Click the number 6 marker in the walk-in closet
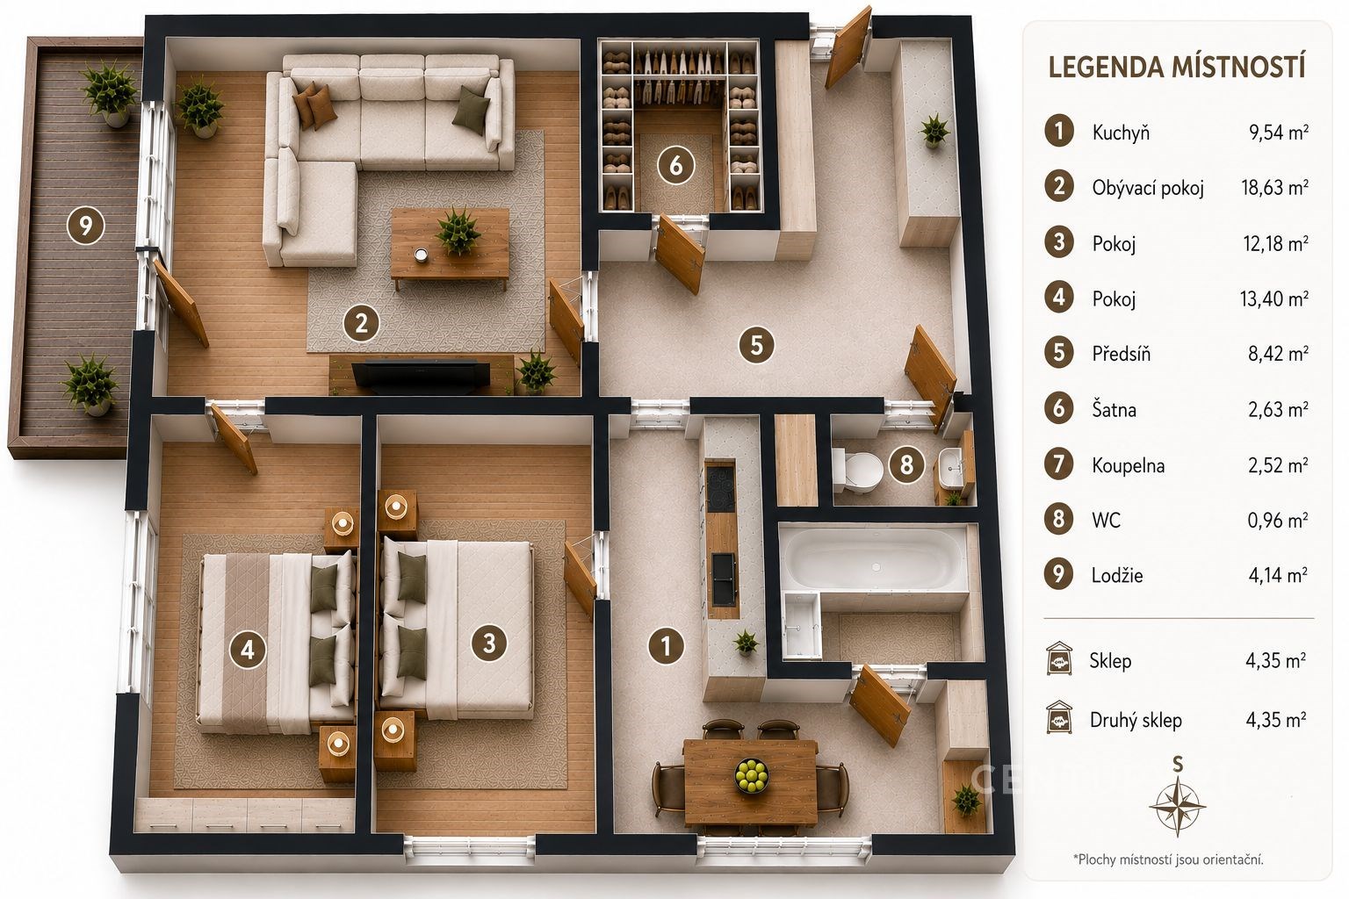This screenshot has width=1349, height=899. coord(675,165)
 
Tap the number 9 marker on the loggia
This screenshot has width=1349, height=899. coord(85,226)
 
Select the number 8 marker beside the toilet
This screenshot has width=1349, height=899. coord(906,464)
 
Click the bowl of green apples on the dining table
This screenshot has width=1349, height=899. coord(752,775)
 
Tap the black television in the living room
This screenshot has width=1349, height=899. coord(421,376)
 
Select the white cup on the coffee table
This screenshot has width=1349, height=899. coord(422,255)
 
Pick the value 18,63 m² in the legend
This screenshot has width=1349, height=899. coord(1275,188)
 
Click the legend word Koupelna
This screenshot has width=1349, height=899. coord(1128,465)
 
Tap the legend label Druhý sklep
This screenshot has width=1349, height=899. coord(1136,720)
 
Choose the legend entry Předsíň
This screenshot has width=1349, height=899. coord(1121,354)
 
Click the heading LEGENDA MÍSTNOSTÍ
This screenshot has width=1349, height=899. coord(1177,67)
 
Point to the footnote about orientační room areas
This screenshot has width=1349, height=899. coord(1168,859)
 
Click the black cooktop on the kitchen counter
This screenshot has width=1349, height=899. coord(720,488)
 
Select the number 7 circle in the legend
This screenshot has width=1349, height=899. coord(1058,464)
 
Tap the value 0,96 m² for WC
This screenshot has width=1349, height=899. coord(1278,520)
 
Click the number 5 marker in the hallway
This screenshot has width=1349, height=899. coord(756,345)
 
